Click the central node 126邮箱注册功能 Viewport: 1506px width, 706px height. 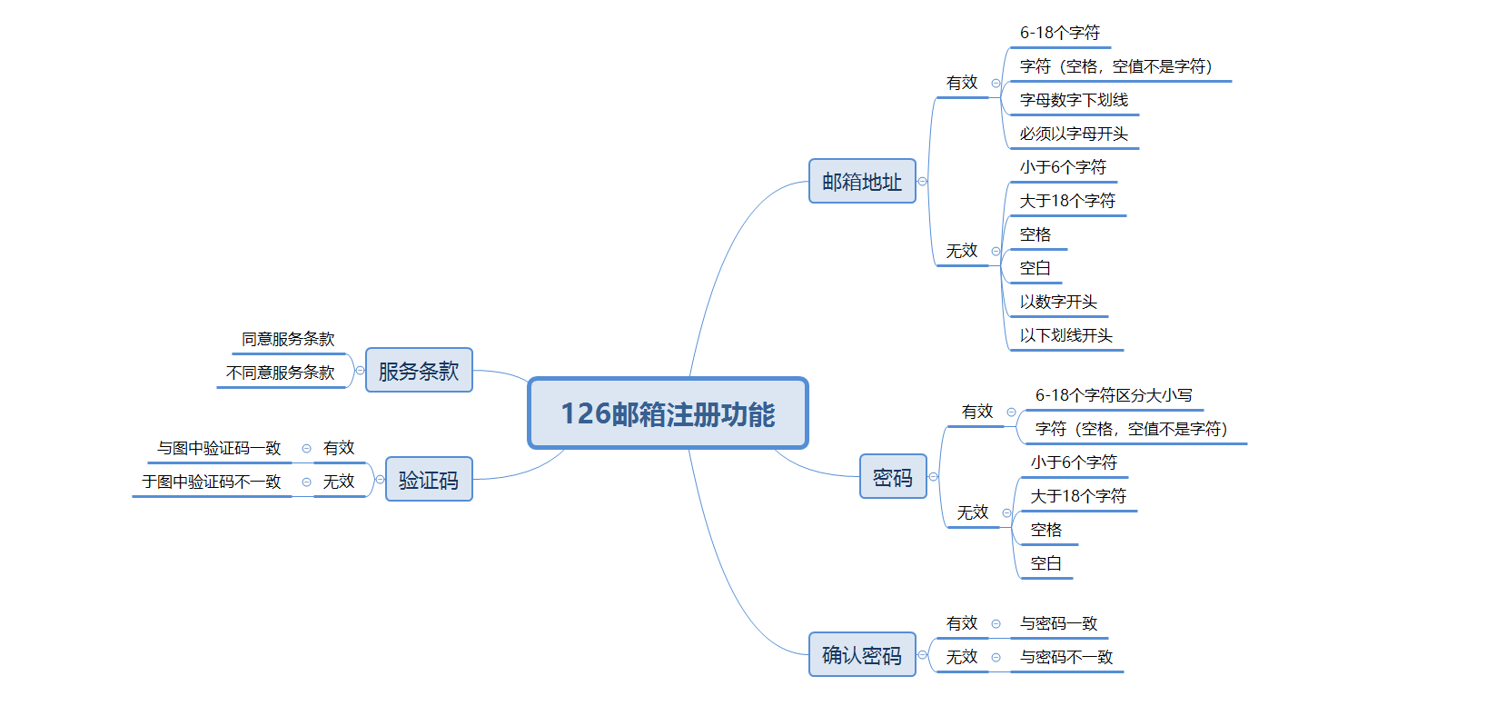(668, 413)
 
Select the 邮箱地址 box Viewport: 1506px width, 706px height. (862, 182)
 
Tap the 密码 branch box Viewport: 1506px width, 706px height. (893, 477)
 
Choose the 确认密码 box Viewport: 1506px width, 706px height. (862, 655)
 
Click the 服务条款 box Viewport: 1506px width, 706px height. (419, 371)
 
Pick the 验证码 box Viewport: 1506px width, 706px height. (429, 480)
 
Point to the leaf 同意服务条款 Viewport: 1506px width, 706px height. (288, 339)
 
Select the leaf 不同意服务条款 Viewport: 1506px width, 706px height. (280, 373)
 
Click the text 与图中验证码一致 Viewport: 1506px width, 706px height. (219, 448)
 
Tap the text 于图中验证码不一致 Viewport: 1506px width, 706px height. (212, 482)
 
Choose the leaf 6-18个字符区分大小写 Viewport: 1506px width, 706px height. (1114, 395)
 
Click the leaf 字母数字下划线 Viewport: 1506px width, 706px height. (1074, 100)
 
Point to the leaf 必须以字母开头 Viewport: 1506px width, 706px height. (1074, 134)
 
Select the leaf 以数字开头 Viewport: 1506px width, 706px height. (1058, 302)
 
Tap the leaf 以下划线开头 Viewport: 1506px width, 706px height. (1065, 335)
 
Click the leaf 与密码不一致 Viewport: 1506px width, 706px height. (1066, 657)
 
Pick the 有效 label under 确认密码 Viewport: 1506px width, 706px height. (962, 623)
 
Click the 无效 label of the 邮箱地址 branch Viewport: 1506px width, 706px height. (962, 251)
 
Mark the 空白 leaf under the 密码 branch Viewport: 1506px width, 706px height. (1045, 563)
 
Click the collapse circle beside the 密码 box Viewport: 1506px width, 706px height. (933, 477)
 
